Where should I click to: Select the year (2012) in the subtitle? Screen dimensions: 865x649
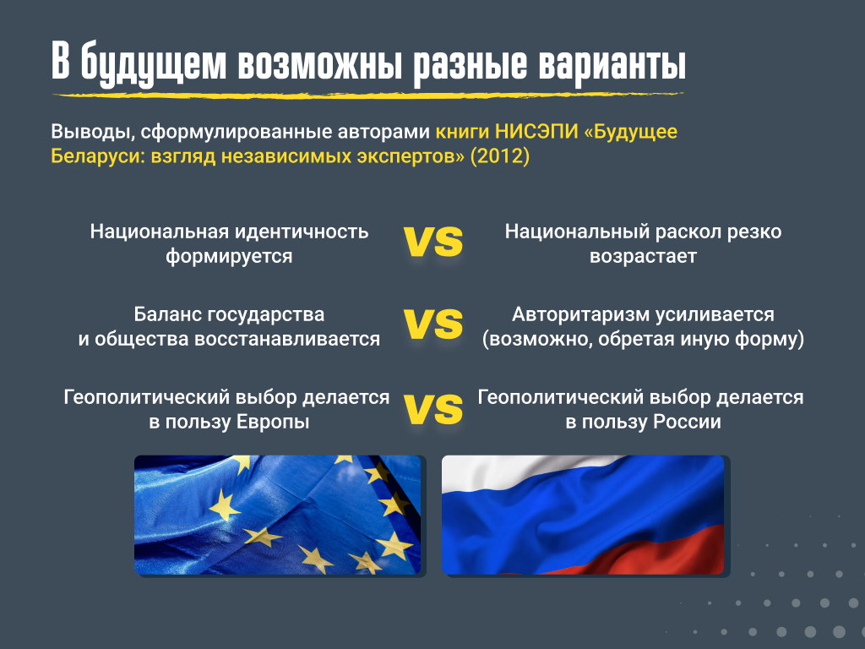point(500,156)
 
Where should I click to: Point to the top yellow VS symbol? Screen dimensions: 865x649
point(433,241)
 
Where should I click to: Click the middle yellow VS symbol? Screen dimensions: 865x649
point(433,324)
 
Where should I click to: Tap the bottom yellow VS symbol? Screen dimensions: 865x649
point(433,408)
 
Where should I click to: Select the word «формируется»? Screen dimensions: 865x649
point(229,256)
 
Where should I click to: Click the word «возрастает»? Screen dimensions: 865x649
point(643,257)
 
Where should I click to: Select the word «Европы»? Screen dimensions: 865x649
point(273,422)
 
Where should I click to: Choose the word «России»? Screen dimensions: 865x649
point(687,422)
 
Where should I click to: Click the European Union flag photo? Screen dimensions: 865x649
point(277,515)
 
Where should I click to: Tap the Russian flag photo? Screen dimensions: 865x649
point(583,515)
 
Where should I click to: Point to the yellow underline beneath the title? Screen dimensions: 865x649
point(368,95)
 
